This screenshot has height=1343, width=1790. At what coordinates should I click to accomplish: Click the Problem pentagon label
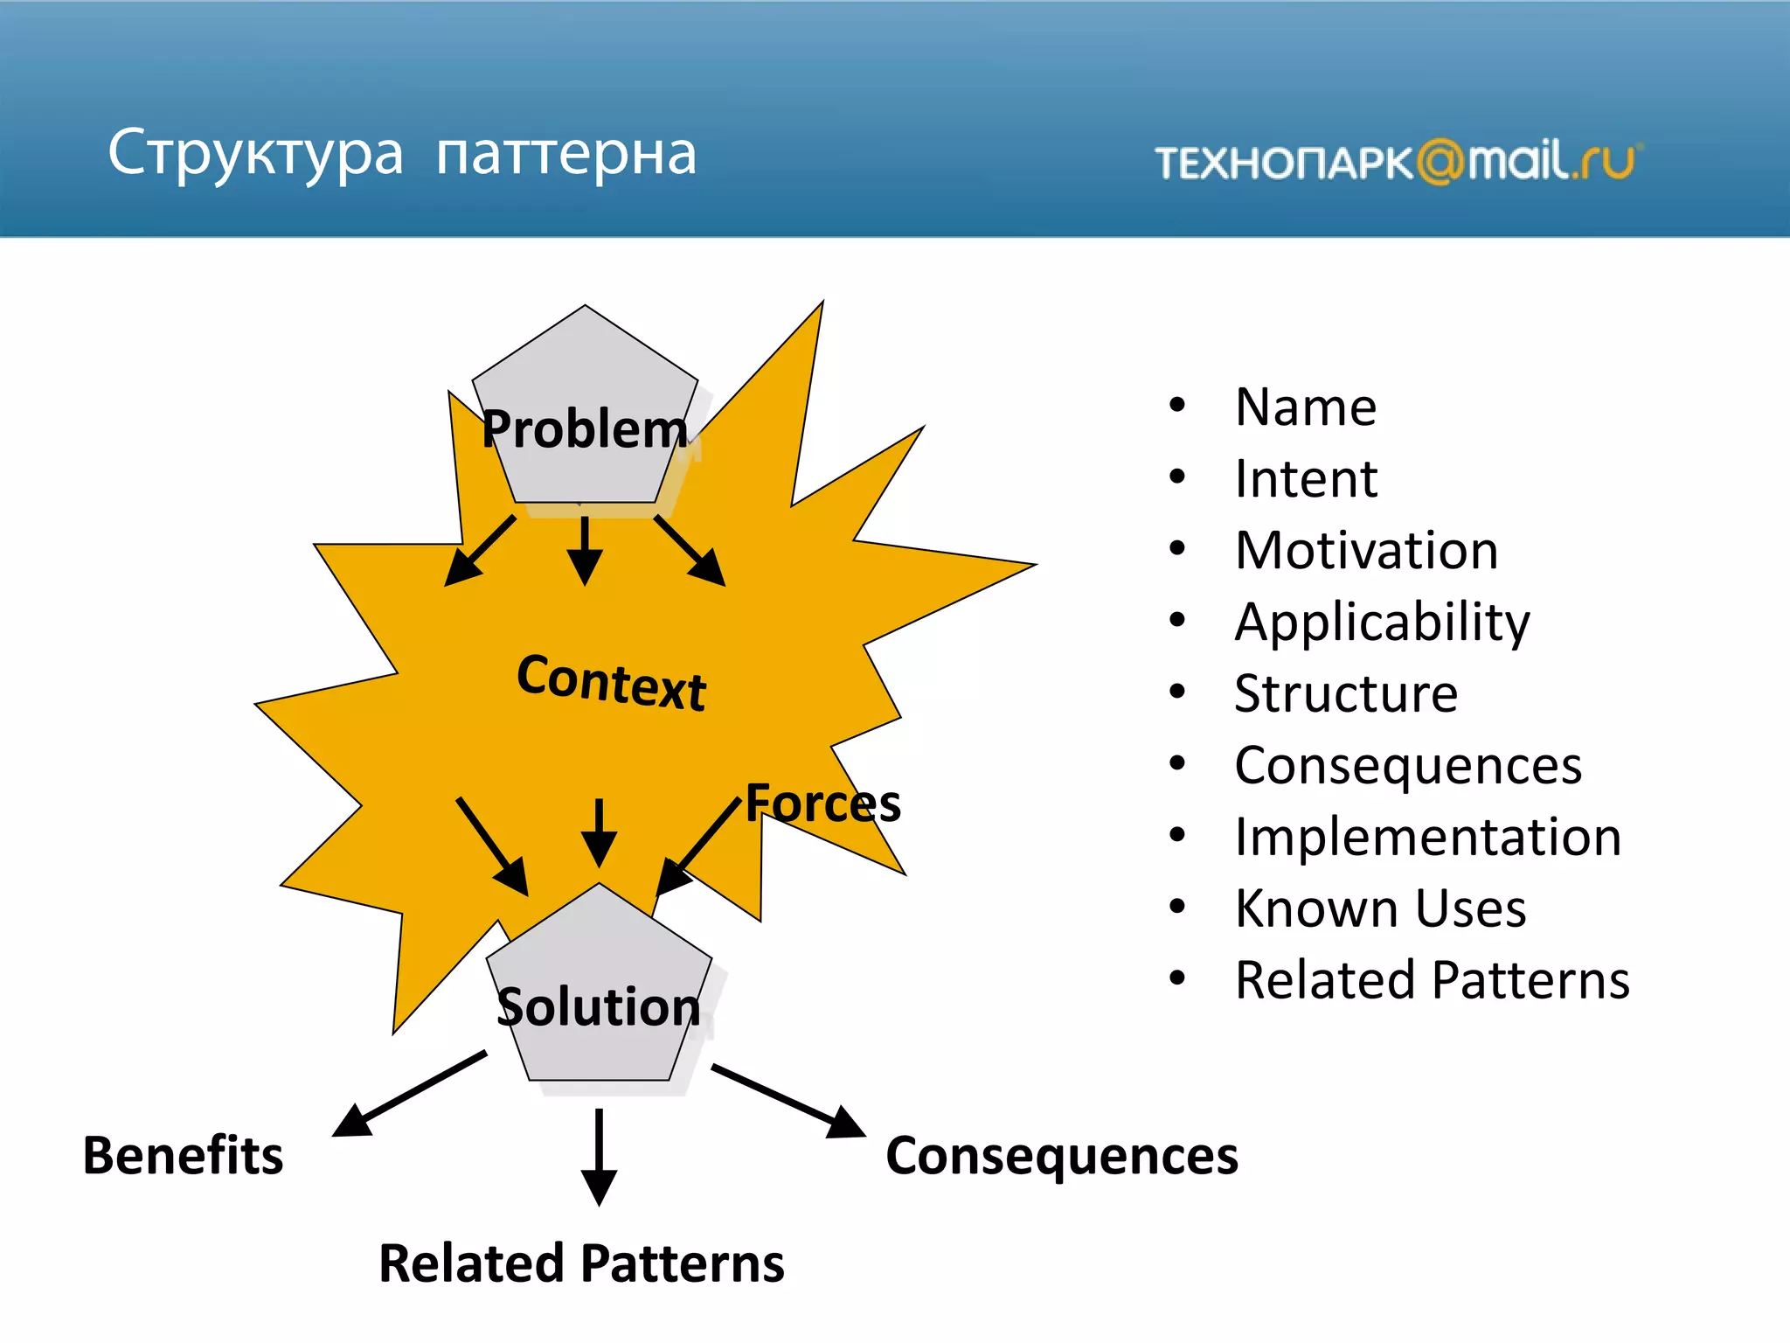(585, 429)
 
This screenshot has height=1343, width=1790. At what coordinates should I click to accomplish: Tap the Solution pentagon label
(599, 1007)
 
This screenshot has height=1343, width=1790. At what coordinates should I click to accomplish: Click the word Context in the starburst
(611, 682)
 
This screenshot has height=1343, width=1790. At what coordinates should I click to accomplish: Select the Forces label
(822, 804)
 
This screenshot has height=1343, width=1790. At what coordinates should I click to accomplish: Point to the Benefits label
(183, 1156)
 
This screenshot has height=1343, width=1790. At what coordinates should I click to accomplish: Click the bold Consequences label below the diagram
(1061, 1156)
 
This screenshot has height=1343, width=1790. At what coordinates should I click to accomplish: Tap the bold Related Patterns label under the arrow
(581, 1264)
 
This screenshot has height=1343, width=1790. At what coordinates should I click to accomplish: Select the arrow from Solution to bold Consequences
(787, 1101)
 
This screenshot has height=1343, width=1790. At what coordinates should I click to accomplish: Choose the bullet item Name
(1305, 407)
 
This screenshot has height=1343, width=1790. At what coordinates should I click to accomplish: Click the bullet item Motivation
(1366, 551)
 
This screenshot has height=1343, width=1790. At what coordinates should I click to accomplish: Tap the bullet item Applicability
(1382, 623)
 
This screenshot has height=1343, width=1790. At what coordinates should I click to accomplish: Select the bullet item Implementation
(1427, 838)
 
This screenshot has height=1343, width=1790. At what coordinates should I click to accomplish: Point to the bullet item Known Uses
(1380, 908)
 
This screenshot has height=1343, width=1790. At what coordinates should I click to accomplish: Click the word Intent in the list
(1305, 479)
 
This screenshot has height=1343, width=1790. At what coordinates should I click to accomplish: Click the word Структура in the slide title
(255, 154)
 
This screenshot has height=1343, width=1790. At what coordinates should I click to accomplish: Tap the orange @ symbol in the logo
(1440, 162)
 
